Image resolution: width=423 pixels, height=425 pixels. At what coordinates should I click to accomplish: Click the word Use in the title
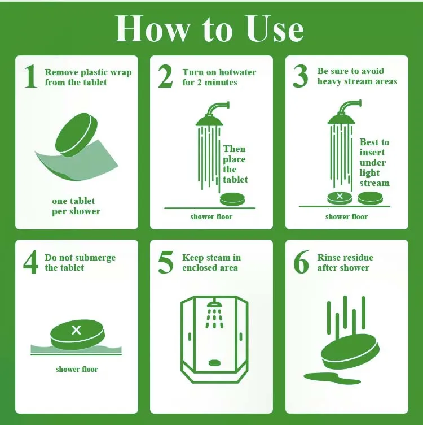click(275, 29)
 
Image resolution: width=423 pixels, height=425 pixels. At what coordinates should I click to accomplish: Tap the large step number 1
click(30, 76)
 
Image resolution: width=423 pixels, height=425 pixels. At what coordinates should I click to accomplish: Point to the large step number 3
click(301, 76)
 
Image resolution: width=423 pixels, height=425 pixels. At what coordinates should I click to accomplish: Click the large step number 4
click(30, 262)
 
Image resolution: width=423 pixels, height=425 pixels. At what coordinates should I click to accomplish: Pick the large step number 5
click(165, 262)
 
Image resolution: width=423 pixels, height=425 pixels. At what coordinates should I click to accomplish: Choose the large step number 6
click(301, 262)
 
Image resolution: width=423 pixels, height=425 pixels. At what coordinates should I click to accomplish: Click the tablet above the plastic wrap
click(76, 135)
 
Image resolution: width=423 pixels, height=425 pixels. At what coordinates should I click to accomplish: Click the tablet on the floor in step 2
click(232, 199)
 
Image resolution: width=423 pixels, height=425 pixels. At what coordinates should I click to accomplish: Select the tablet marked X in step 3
click(340, 198)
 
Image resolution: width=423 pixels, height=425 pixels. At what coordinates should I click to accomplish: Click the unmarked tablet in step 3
click(370, 198)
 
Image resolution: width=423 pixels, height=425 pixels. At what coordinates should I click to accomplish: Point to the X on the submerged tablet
click(76, 330)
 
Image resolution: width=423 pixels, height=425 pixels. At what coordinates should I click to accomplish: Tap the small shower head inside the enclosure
click(214, 305)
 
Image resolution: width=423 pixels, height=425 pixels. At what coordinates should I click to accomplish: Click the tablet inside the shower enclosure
click(214, 363)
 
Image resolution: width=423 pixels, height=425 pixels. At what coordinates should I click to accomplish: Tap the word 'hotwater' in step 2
click(237, 72)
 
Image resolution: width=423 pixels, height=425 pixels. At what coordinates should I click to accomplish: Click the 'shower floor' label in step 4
click(77, 369)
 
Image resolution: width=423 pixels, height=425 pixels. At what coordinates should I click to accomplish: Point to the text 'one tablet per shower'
click(76, 206)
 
